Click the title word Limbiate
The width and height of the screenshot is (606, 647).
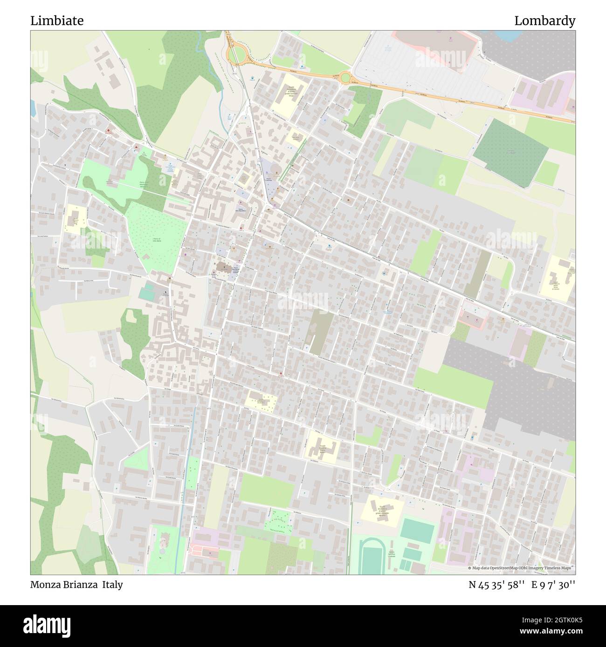click(x=57, y=21)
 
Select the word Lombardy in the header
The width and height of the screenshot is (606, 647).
click(x=544, y=21)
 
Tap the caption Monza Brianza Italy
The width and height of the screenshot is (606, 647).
click(x=76, y=585)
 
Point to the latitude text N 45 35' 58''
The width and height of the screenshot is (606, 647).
click(x=496, y=585)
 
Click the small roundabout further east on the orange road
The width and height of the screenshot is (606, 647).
click(x=345, y=77)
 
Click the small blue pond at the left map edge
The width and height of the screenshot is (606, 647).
click(x=33, y=108)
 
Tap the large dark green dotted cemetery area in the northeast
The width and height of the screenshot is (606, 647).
click(x=510, y=153)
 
